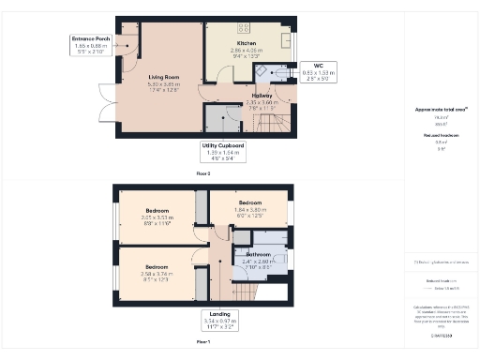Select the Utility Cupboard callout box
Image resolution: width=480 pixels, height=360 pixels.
point(223,150)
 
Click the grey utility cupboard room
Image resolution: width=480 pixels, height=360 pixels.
point(221,120)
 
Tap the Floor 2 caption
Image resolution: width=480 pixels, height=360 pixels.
point(202,174)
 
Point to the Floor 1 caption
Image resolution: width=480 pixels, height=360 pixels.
point(202,343)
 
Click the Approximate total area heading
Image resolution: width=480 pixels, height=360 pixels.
point(434,110)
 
